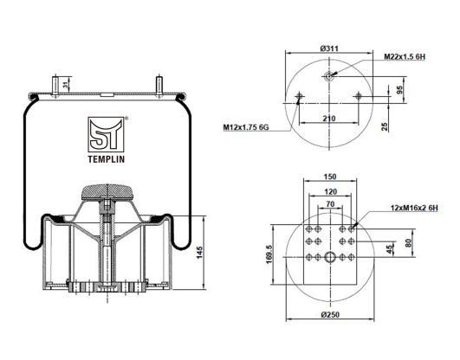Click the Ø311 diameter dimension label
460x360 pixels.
[329, 48]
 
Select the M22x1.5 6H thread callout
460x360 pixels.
[405, 57]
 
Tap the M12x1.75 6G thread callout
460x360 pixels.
[246, 127]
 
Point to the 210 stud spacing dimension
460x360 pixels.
[329, 119]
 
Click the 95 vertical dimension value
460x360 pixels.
[399, 90]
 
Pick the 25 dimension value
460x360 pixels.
[385, 126]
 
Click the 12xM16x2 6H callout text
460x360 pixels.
[414, 208]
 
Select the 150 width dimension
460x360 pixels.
[330, 177]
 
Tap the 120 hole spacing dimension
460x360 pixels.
[331, 192]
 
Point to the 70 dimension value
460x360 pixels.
[330, 203]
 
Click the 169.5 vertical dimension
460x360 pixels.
[269, 254]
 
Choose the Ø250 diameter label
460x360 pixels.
[330, 314]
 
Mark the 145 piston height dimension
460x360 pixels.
[199, 253]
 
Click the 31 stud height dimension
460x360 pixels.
[67, 85]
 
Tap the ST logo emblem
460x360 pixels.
[106, 134]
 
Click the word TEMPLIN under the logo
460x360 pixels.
[107, 159]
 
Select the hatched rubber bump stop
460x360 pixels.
[107, 192]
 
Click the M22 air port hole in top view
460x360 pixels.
[329, 76]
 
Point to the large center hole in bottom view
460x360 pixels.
[330, 257]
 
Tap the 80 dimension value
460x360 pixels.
[409, 243]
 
